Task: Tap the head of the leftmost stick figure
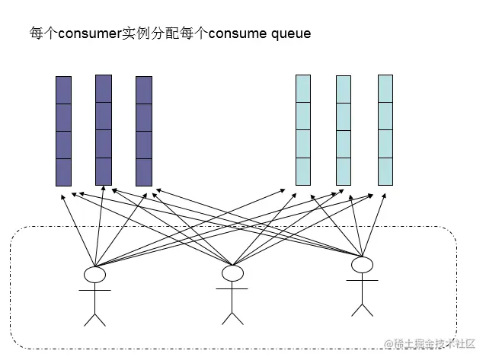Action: [x=94, y=274]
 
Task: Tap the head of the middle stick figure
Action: [x=232, y=272]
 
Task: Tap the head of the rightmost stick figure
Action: [x=362, y=264]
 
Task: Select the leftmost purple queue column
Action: [x=63, y=131]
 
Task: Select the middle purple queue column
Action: [x=104, y=129]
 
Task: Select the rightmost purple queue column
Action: [x=144, y=131]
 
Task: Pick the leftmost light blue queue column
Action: [x=303, y=130]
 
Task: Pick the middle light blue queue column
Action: [x=344, y=130]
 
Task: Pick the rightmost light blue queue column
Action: [x=385, y=129]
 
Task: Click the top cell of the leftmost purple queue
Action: [x=63, y=90]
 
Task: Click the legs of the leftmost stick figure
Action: [x=94, y=316]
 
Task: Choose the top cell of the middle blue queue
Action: [x=344, y=89]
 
